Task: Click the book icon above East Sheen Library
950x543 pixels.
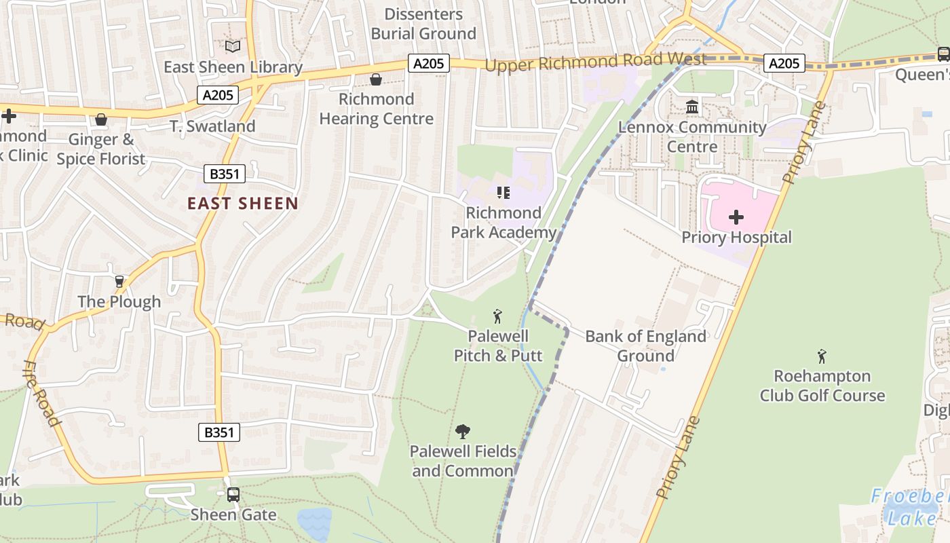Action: point(233,46)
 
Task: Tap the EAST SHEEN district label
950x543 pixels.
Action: point(242,204)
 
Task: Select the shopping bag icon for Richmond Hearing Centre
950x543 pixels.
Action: point(375,80)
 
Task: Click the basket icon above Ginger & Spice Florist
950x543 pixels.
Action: point(101,120)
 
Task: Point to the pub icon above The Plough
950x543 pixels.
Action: point(119,282)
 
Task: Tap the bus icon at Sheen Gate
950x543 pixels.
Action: point(233,495)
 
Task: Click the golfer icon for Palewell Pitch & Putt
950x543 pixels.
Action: point(497,316)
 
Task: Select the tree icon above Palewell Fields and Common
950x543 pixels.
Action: point(463,431)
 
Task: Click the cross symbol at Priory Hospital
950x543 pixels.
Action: point(736,217)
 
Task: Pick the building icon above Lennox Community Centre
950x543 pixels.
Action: point(692,107)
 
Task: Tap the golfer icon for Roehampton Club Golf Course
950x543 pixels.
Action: point(822,356)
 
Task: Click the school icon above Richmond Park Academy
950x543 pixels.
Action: point(503,193)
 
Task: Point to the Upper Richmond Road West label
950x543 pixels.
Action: point(595,62)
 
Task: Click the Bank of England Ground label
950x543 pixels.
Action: point(645,346)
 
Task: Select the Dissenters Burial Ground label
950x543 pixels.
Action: point(423,24)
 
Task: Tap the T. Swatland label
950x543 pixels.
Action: point(212,126)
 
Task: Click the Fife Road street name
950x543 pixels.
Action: point(42,394)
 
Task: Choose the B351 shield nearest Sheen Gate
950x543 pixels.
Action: point(219,432)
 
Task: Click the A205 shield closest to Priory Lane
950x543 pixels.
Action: point(784,63)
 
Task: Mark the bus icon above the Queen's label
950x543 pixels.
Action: point(943,54)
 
